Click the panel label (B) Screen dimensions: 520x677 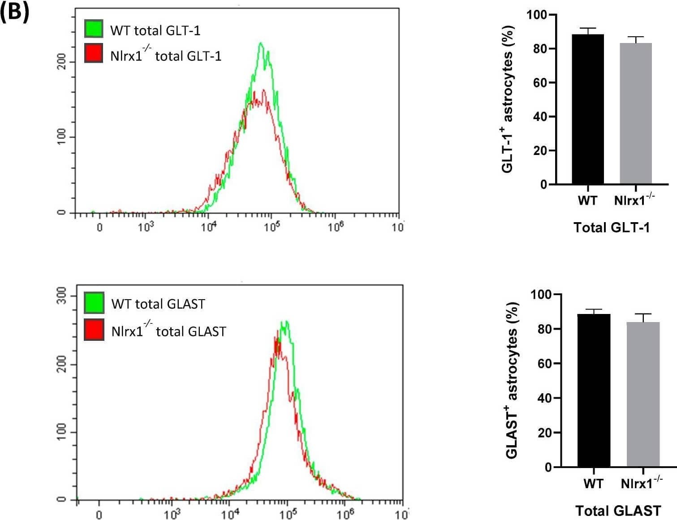click(x=15, y=12)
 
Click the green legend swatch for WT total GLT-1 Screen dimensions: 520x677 click(x=94, y=29)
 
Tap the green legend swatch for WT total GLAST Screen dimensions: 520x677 click(x=94, y=302)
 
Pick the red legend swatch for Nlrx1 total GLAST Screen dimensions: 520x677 click(x=94, y=329)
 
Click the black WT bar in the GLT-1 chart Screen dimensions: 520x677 click(x=587, y=109)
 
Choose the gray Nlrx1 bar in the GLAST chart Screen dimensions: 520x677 click(x=643, y=394)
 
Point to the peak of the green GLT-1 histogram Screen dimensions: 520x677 click(x=261, y=43)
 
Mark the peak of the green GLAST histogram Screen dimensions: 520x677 click(x=284, y=322)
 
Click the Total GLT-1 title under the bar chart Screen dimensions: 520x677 click(x=612, y=228)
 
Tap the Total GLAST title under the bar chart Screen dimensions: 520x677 click(x=618, y=511)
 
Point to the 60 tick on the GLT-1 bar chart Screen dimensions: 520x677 click(x=540, y=83)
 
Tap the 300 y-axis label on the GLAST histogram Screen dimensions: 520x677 click(x=62, y=296)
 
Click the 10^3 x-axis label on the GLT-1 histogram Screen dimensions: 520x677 click(x=145, y=227)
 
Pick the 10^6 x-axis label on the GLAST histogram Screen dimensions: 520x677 click(x=345, y=513)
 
